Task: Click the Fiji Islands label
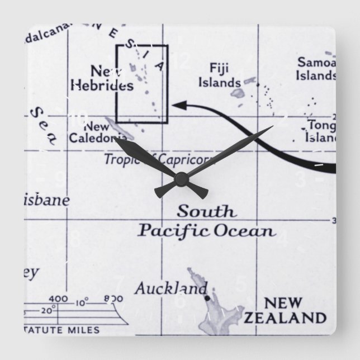point(225,75)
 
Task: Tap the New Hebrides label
point(102,78)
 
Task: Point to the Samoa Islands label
point(316,68)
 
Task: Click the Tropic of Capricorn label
point(152,159)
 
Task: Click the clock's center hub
point(180,178)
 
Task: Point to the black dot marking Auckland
point(206,299)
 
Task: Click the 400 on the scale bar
point(58,298)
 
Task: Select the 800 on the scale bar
point(113,299)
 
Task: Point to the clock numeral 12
point(180,59)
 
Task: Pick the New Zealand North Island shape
point(212,299)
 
